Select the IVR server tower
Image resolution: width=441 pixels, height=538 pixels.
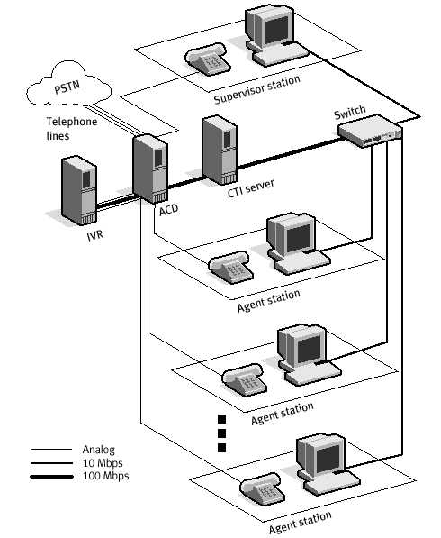pyautogui.click(x=80, y=192)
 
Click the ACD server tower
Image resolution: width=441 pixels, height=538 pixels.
pyautogui.click(x=149, y=168)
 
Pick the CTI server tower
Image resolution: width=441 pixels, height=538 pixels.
pyautogui.click(x=219, y=150)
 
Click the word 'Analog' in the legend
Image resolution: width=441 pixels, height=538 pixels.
pyautogui.click(x=98, y=449)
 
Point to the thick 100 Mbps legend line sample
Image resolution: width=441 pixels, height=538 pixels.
pyautogui.click(x=51, y=475)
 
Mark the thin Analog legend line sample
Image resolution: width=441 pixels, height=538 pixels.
pyautogui.click(x=51, y=449)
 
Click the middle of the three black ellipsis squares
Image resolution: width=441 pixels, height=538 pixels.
pyautogui.click(x=220, y=433)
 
